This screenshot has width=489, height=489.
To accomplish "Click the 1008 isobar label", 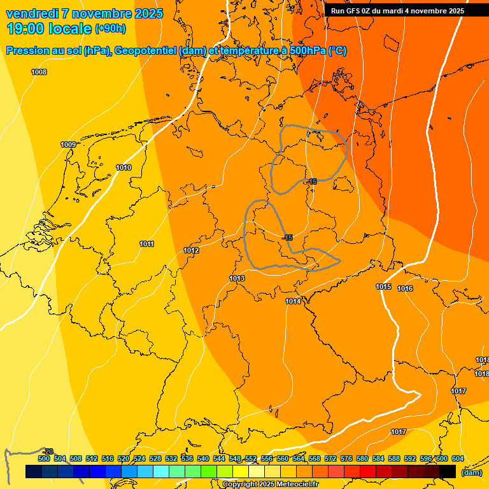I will pos(39,72).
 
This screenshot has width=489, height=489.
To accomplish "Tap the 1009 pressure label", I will pos(68,145).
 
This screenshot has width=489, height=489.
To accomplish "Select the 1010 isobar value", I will pos(124,167).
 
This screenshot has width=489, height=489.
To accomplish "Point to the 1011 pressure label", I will pos(146,244).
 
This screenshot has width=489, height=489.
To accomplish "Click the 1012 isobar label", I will pos(191,250).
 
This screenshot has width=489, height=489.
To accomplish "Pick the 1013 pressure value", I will pos(237,278).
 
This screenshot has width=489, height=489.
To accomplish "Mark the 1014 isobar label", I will pos(293,301).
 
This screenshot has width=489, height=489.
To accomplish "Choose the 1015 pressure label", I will pos(383,287).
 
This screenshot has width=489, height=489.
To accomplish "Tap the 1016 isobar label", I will pos(405,288).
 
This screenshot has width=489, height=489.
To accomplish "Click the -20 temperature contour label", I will pos(48,451).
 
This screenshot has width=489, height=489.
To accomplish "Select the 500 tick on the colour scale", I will pos(44,458).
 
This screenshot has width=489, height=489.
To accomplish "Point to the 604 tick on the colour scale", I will pos(457,458).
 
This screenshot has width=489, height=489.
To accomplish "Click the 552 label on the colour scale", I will pos(251,458).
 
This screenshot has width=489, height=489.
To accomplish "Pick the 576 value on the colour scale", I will pos(346,458).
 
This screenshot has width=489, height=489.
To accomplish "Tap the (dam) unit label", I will pos(471,472).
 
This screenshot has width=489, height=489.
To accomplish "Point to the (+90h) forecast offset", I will pos(110,29).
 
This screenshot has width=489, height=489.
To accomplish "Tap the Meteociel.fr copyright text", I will pos(271,485).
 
